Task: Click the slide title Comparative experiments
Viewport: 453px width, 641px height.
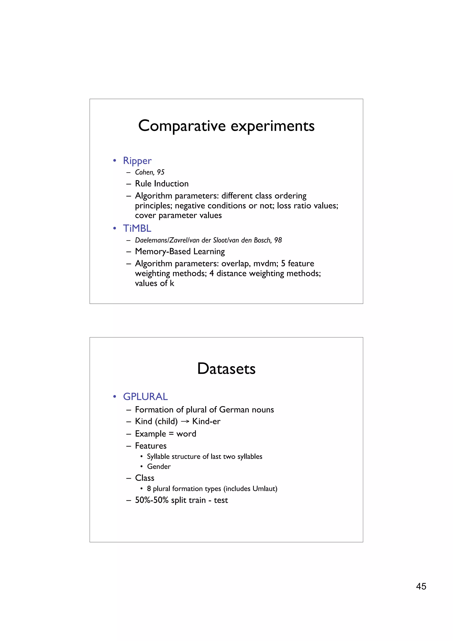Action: [226, 126]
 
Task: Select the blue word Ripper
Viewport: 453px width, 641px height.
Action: [137, 161]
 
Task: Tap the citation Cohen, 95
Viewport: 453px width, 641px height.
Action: [150, 172]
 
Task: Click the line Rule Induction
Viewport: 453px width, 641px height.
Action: [162, 184]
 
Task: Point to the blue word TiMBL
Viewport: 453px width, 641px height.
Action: [137, 228]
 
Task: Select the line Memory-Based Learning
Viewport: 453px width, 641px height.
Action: [180, 251]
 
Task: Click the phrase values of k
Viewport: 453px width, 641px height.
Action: [154, 283]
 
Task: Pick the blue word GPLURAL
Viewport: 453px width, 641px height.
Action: [145, 397]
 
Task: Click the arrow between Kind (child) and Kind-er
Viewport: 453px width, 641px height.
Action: [185, 422]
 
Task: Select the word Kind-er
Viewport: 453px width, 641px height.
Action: [206, 421]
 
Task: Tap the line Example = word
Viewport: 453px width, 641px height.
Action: [165, 434]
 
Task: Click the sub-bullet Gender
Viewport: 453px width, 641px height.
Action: [159, 466]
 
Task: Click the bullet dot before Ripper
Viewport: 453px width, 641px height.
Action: [114, 161]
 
